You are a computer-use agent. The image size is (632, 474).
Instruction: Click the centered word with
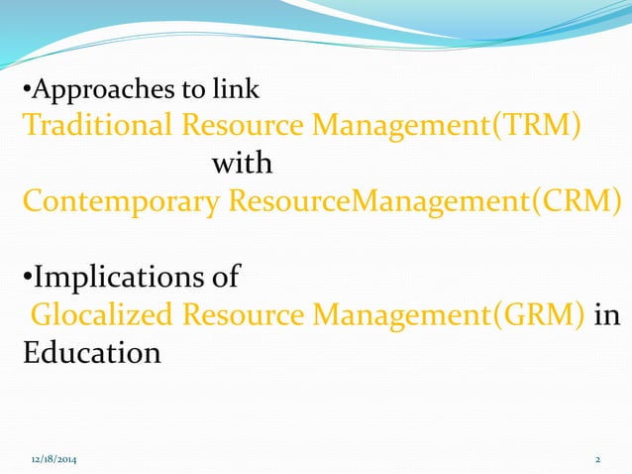click(x=242, y=162)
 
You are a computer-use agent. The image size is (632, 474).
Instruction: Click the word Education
click(x=91, y=353)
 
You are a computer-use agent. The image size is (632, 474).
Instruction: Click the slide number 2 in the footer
click(x=597, y=461)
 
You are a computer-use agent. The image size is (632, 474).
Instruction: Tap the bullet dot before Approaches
click(x=27, y=93)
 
